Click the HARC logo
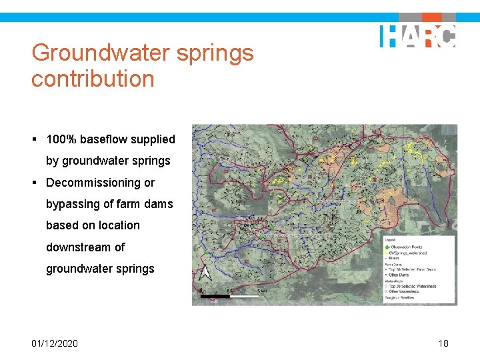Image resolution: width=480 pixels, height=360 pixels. [418, 35]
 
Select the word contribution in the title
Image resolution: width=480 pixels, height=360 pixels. [93, 79]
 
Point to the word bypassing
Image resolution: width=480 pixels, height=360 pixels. [72, 204]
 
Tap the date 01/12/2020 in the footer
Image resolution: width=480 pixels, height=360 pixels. [54, 343]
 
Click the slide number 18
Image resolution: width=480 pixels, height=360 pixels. [443, 343]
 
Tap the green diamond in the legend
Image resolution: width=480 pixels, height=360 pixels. [387, 247]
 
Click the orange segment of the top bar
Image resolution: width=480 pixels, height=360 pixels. [431, 17]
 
